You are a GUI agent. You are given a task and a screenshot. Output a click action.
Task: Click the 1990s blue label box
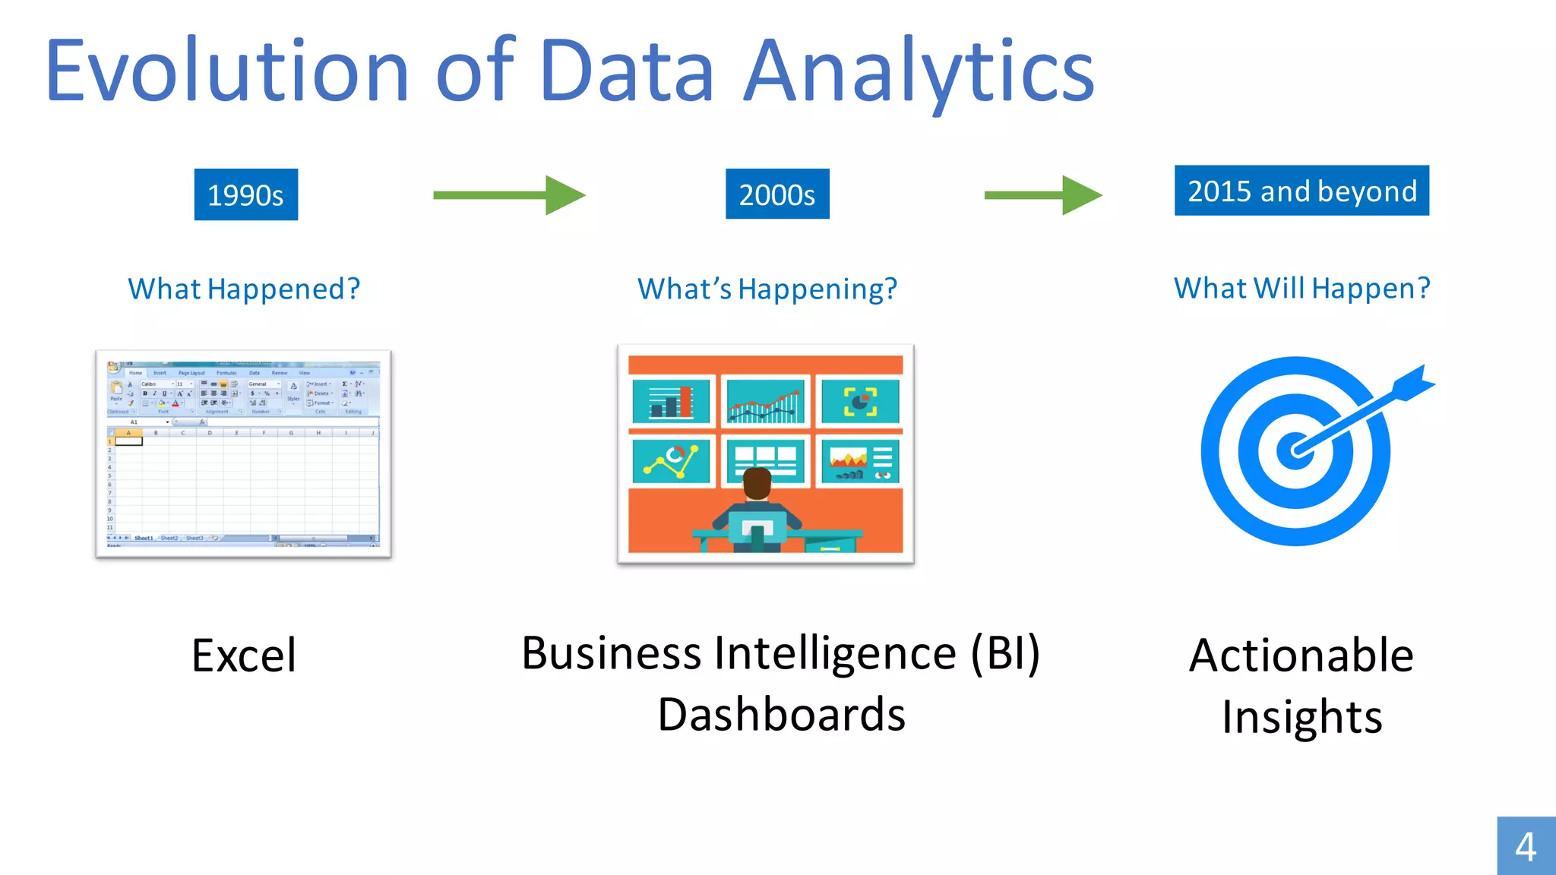[x=245, y=194]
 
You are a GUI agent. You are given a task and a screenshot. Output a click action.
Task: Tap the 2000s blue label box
[x=776, y=194]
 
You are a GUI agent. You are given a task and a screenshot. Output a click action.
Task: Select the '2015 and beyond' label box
[x=1301, y=191]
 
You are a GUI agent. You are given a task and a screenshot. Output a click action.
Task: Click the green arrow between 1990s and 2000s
[x=509, y=195]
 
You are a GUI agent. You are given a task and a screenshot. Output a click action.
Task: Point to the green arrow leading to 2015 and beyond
[x=1042, y=195]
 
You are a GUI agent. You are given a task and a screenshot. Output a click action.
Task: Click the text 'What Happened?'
[x=244, y=289]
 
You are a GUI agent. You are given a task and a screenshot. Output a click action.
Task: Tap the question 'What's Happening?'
[x=767, y=289]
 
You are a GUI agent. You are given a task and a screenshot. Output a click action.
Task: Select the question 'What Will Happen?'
[x=1301, y=289]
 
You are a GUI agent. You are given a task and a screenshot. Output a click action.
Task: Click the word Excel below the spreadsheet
[x=244, y=655]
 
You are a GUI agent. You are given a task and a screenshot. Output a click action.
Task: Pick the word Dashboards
[x=781, y=715]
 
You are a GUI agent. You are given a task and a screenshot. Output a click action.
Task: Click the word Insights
[x=1301, y=717]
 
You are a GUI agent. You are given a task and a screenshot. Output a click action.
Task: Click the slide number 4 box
[x=1526, y=845]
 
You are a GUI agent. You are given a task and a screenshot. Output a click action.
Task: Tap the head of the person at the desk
[x=757, y=484]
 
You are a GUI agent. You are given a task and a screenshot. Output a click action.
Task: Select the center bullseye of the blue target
[x=1295, y=450]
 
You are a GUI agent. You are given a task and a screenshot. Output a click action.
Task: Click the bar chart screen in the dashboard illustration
[x=671, y=401]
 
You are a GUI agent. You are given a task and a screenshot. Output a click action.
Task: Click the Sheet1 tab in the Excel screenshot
[x=144, y=538]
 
